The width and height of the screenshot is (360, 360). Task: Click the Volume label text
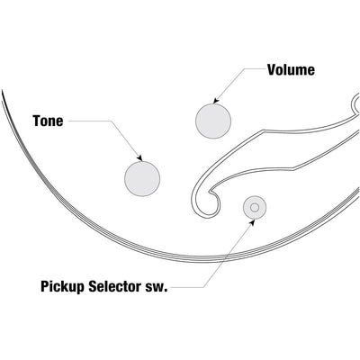[291, 70]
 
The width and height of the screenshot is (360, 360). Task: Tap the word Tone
[48, 121]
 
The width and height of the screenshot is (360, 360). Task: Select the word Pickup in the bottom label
[63, 286]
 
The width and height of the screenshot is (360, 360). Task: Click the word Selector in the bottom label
[115, 286]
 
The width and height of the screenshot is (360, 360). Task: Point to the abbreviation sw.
[156, 288]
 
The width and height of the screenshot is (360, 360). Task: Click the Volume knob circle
[213, 121]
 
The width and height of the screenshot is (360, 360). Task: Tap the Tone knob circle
[142, 179]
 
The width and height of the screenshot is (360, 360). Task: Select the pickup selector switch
[255, 207]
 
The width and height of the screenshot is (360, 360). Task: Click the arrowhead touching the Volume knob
[216, 101]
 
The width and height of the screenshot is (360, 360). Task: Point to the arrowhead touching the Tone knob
[139, 158]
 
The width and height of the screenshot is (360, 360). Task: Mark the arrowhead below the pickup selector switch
[252, 222]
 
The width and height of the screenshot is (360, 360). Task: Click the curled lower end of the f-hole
[207, 204]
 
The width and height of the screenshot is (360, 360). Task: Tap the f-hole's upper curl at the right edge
[355, 103]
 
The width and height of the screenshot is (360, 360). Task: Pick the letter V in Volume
[273, 70]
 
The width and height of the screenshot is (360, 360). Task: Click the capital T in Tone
[37, 121]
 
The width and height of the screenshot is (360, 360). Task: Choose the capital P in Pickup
[45, 286]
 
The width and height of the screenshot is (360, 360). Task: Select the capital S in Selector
[93, 286]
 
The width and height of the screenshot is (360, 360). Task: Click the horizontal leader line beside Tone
[90, 121]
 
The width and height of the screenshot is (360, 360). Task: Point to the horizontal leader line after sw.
[187, 288]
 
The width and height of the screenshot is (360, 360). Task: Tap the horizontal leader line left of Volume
[255, 68]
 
